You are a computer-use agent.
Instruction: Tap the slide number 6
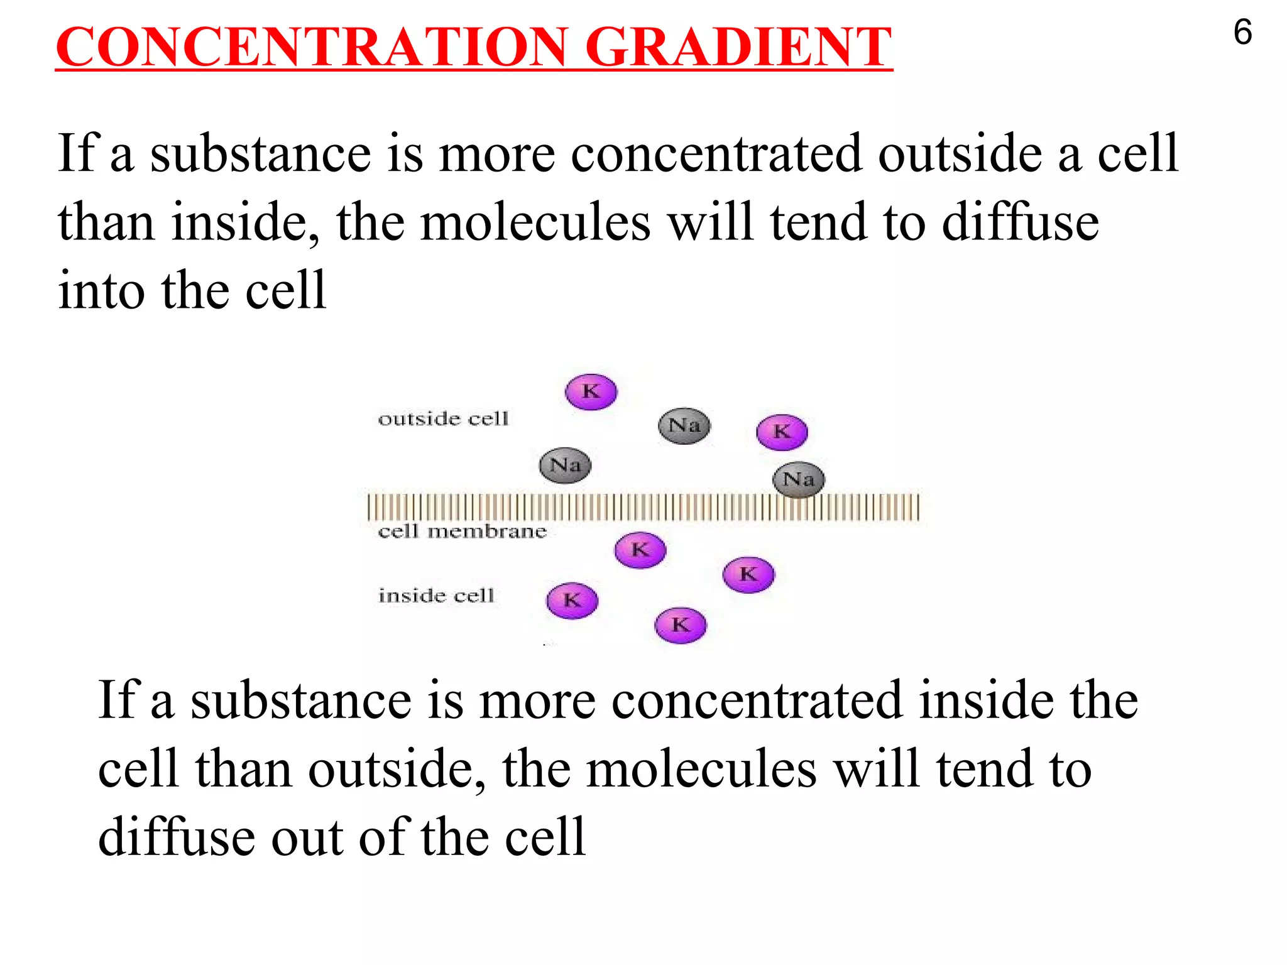coord(1242,33)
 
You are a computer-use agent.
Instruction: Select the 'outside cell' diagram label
coord(443,418)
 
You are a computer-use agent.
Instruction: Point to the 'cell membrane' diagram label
coord(462,532)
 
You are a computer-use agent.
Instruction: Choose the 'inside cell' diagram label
coord(436,595)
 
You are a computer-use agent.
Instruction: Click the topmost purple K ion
coord(591,391)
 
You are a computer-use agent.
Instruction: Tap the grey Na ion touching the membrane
coord(798,479)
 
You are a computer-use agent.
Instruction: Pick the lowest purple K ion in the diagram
coord(680,625)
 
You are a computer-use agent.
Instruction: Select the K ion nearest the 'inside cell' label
coord(572,601)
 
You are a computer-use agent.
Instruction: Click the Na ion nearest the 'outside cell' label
coord(565,465)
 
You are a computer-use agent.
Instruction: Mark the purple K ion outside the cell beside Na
coord(781,432)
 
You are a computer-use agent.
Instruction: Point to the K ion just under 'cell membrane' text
coord(640,550)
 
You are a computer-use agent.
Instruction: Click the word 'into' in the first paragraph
coord(101,290)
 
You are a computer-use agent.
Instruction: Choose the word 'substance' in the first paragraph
coord(260,154)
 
